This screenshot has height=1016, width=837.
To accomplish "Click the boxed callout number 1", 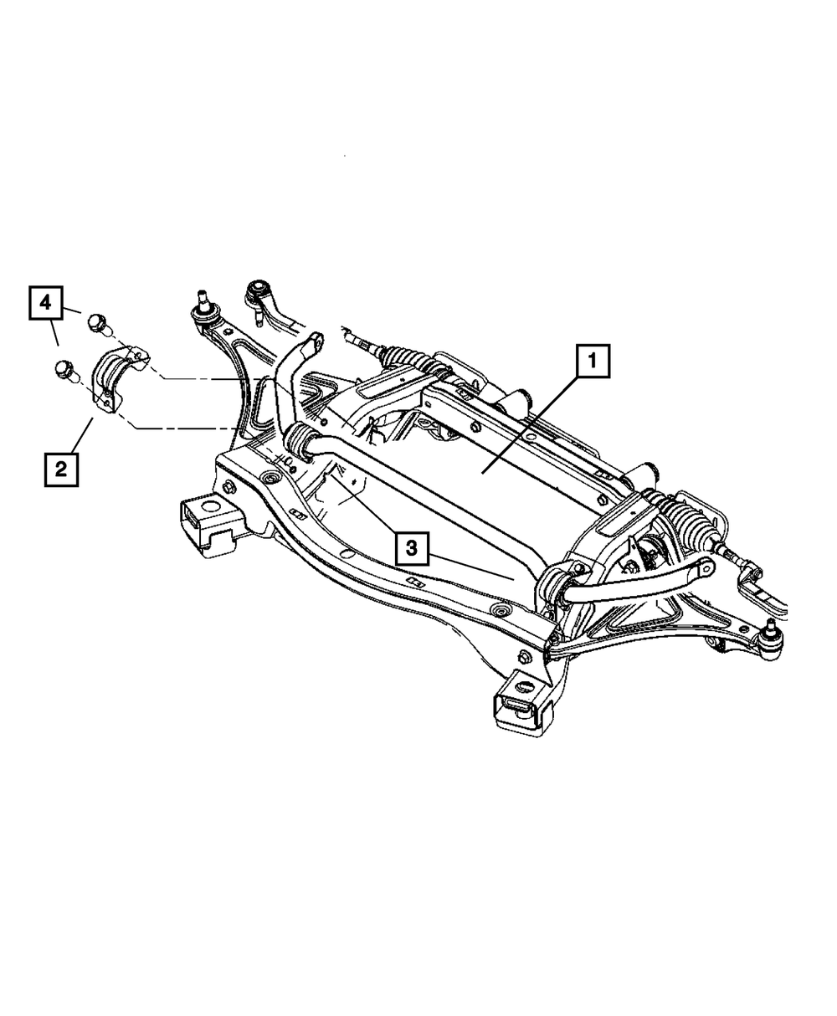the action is pos(592,363).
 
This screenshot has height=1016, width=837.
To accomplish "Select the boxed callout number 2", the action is pos(61,469).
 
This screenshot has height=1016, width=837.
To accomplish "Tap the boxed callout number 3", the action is pos(412,549).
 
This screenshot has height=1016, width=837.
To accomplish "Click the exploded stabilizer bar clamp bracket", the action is pos(117,377).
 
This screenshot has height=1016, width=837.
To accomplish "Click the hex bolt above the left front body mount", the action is pos(229,487).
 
